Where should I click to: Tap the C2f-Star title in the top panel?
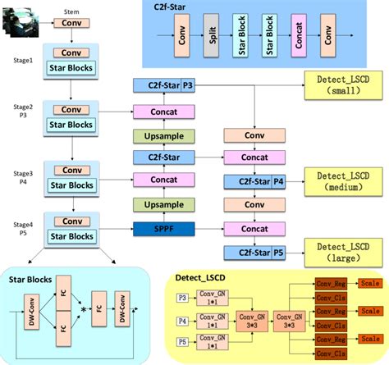tap(176, 7)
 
